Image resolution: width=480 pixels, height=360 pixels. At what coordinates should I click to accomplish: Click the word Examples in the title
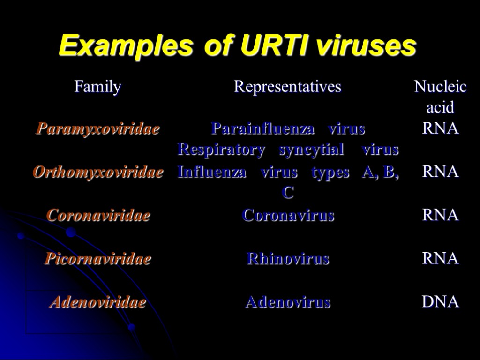tap(126, 46)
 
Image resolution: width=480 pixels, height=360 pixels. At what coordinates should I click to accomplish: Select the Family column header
tap(97, 87)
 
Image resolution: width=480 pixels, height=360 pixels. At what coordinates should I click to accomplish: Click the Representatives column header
tap(287, 87)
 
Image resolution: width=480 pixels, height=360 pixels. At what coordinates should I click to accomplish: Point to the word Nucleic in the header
tap(440, 87)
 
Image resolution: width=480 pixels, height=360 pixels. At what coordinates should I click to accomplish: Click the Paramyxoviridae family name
tap(98, 129)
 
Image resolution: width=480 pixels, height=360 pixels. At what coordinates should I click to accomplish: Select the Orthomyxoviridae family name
tap(98, 172)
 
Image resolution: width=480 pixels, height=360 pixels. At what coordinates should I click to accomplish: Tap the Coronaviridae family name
tap(98, 216)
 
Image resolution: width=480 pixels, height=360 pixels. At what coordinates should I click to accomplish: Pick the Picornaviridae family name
tap(98, 259)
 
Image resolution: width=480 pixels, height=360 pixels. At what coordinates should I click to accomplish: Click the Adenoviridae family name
tap(98, 302)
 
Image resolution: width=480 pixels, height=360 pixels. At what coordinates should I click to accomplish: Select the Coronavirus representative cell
tap(288, 216)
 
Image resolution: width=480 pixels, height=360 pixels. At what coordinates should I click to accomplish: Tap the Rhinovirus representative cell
tap(288, 259)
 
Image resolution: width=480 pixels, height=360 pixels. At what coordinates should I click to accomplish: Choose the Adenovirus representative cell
tap(288, 302)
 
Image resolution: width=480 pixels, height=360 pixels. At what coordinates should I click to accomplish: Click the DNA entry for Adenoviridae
tap(440, 302)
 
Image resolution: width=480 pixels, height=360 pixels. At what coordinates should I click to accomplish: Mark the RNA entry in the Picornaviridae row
tap(440, 258)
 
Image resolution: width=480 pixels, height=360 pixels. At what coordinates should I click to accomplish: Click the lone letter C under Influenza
tap(288, 193)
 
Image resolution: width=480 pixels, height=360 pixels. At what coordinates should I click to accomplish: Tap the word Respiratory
tap(221, 150)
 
